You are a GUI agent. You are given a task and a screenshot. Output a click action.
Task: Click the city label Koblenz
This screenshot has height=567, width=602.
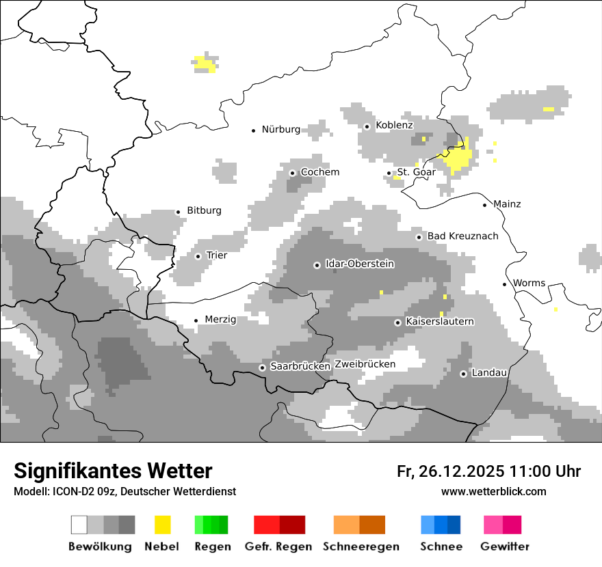[394, 125]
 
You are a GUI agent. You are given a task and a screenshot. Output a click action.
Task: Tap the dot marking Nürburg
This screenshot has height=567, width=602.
[254, 130]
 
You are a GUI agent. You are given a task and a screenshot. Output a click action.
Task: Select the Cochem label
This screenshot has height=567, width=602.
[320, 172]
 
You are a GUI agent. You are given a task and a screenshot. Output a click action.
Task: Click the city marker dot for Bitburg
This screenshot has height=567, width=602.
[179, 212]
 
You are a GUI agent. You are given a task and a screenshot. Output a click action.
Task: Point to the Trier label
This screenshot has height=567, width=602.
[216, 255]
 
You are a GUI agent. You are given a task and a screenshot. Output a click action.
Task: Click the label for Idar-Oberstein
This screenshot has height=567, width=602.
[360, 264]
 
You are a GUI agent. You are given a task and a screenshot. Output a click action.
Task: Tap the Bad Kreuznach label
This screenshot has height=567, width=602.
[463, 236]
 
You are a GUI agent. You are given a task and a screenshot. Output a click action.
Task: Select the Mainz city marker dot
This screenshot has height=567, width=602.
[485, 205]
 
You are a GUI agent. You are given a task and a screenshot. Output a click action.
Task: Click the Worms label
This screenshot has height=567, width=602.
[529, 283]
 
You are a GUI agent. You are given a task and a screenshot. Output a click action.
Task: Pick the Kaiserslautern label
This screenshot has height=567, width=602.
[440, 321]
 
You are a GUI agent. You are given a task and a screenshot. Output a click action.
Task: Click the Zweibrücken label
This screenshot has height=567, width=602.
[365, 364]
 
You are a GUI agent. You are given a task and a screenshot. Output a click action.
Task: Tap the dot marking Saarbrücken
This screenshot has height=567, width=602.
[262, 368]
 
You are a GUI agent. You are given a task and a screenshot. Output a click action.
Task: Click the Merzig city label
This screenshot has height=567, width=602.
[220, 320]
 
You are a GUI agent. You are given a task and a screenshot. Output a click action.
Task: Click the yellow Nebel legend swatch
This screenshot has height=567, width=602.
[162, 525]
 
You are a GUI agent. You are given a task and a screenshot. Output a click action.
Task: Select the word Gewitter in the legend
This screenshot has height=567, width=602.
[505, 547]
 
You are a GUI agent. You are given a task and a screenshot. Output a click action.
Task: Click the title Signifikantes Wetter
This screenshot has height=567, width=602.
[113, 471]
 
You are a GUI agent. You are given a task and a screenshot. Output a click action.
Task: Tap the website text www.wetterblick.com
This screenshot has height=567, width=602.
[494, 491]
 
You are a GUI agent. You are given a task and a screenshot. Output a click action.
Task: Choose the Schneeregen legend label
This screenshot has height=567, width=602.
[361, 547]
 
